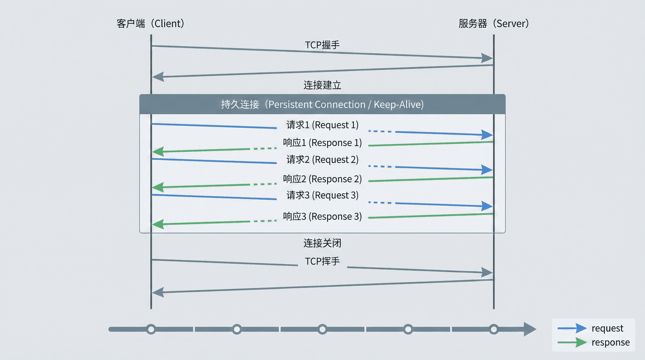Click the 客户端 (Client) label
coord(150,24)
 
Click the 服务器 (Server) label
coord(493,24)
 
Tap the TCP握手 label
coord(322,45)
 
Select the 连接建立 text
coord(322,85)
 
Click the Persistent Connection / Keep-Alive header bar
coord(322,104)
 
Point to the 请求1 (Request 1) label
coord(322,125)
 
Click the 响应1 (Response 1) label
coord(322,143)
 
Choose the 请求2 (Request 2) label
coord(322,160)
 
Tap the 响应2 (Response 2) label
coord(322,179)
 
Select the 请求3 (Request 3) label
coord(322,195)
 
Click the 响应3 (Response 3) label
coord(322,216)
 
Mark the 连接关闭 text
coord(322,243)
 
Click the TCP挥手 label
coord(322,261)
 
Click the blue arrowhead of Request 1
coord(487,135)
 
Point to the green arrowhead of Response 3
coord(158,224)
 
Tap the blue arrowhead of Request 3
coord(487,206)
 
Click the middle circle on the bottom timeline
coord(322,329)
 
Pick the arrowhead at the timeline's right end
coord(529,329)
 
